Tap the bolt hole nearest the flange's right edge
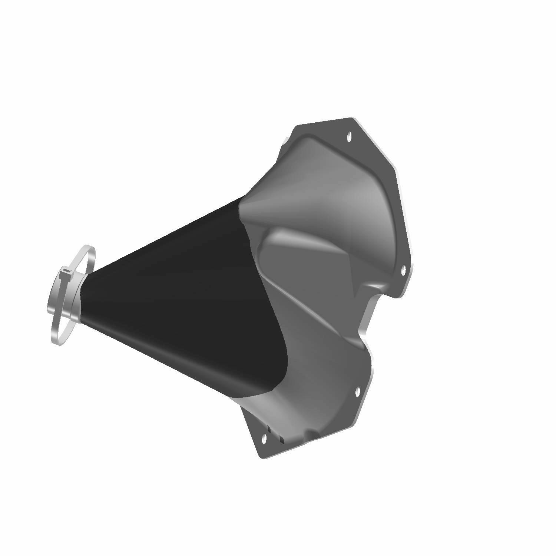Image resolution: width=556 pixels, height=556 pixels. (x=404, y=269)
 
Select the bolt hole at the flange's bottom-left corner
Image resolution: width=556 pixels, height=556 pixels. (x=264, y=438)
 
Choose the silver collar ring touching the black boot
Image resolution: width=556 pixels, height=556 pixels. (x=80, y=297)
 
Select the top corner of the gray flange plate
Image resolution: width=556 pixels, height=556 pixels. (x=351, y=119)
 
